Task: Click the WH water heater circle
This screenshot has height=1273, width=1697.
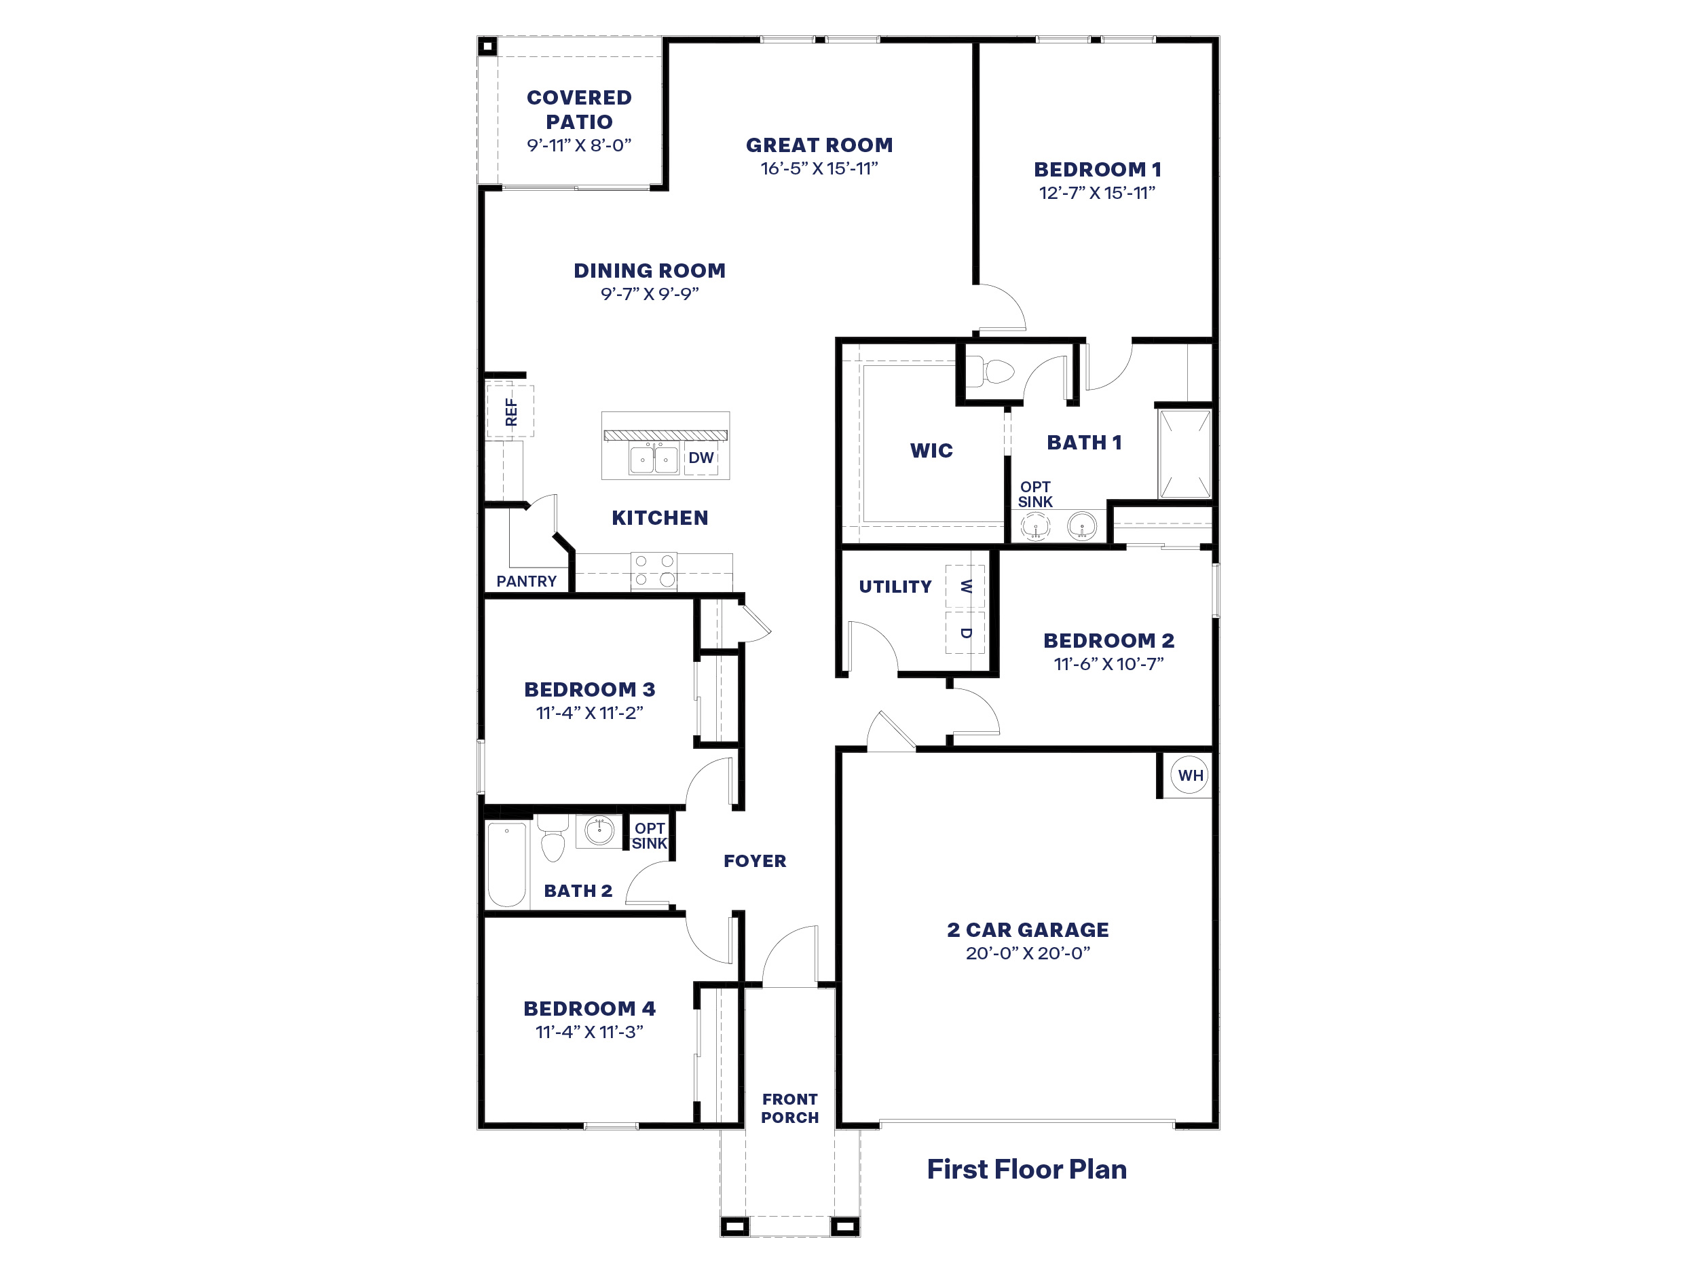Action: click(x=1190, y=776)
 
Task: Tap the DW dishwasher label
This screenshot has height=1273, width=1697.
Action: click(x=701, y=458)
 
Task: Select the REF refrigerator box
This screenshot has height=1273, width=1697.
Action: click(x=510, y=411)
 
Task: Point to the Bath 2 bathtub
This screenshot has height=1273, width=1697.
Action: click(x=506, y=864)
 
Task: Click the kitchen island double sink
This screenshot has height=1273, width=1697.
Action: click(x=654, y=460)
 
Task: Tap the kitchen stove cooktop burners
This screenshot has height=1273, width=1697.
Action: click(x=654, y=571)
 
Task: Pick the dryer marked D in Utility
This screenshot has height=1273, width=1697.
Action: click(x=965, y=633)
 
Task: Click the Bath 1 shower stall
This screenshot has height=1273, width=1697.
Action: click(x=1185, y=454)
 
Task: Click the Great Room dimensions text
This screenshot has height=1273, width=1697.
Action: click(x=819, y=169)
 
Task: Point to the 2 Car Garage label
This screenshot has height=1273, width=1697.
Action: click(x=1027, y=930)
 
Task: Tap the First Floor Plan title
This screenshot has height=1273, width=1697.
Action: click(x=1026, y=1168)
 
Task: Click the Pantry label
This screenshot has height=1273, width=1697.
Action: click(x=526, y=582)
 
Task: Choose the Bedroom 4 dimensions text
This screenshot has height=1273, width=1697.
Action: click(x=589, y=1032)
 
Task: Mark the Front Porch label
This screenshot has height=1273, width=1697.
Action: click(x=789, y=1108)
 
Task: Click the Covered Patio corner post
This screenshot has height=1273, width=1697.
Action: click(x=488, y=47)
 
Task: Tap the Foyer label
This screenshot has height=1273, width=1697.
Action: click(x=755, y=861)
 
